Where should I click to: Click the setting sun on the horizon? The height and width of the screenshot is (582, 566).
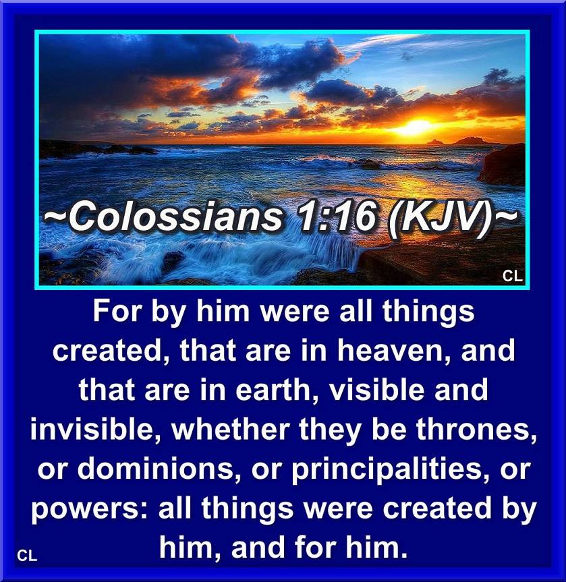click(417, 127)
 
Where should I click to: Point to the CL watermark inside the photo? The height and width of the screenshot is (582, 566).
click(513, 276)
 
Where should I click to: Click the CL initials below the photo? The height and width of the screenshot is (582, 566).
click(27, 556)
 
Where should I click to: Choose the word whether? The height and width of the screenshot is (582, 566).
click(230, 429)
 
